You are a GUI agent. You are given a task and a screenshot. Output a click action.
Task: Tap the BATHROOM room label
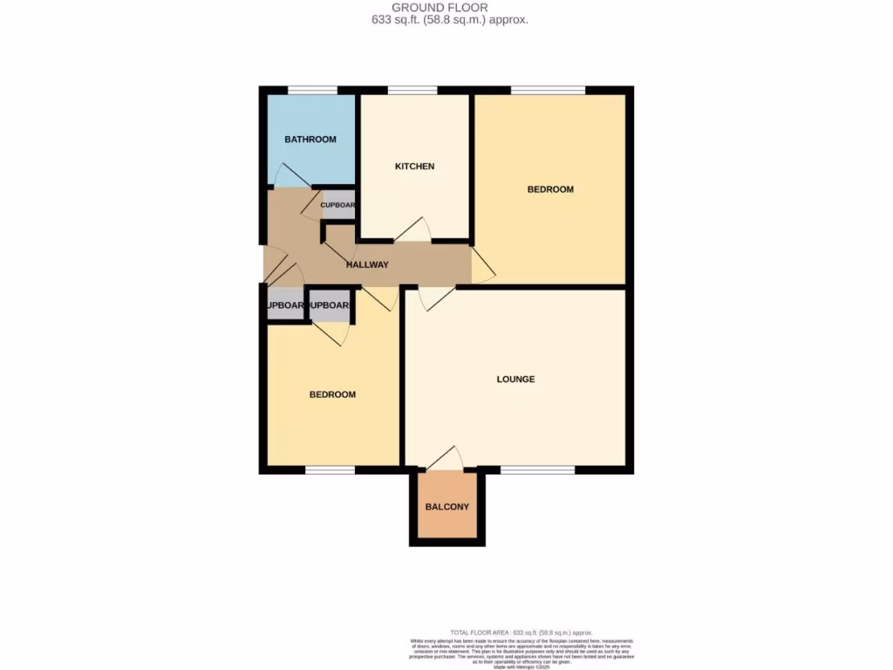310,140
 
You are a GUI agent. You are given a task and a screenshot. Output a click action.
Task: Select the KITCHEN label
414,167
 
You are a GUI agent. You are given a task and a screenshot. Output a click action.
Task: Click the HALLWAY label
367,264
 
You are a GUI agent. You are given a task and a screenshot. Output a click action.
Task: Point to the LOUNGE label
515,379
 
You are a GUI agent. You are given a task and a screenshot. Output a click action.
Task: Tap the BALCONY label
446,507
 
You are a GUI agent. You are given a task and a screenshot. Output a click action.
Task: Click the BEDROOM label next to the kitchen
550,189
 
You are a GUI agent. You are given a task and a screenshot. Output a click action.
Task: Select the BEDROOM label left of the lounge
332,394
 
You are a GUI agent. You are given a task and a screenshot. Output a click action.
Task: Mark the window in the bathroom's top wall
313,90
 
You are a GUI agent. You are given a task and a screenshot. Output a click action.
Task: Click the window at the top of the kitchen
412,90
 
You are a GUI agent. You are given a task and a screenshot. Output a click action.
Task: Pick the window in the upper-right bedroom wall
548,90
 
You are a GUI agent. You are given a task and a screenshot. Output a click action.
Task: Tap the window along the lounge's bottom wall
537,470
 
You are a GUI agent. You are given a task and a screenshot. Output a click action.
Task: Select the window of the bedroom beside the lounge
330,470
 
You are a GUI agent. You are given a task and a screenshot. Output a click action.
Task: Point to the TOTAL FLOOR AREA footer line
521,632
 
